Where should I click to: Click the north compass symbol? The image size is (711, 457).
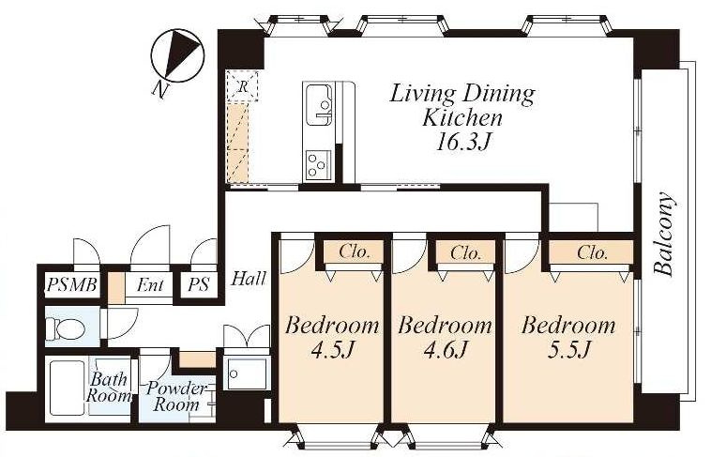point(177,55)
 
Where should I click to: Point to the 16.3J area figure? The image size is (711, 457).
point(462,143)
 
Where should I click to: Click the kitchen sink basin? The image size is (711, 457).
point(319,105)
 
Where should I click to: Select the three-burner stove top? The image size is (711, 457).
point(318,164)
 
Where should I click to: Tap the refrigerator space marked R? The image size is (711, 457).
point(243,85)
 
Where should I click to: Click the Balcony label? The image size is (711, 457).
point(664,235)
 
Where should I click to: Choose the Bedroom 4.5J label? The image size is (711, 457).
point(332,338)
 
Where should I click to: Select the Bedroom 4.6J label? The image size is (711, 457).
point(445,338)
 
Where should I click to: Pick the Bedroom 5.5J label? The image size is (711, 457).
point(568,338)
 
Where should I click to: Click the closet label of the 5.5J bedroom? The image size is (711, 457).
point(592,252)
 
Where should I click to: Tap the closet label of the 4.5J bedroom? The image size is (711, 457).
point(355,251)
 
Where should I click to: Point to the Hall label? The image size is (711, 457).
point(249,278)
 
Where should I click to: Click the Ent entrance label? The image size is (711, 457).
point(150,285)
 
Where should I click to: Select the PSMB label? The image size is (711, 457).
point(72,285)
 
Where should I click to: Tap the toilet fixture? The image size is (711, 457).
point(67,328)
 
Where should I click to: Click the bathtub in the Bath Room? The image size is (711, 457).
point(68,388)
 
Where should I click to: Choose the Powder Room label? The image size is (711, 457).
point(176,396)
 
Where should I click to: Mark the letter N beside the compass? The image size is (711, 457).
point(159,90)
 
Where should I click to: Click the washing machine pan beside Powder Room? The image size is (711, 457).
point(247,373)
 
